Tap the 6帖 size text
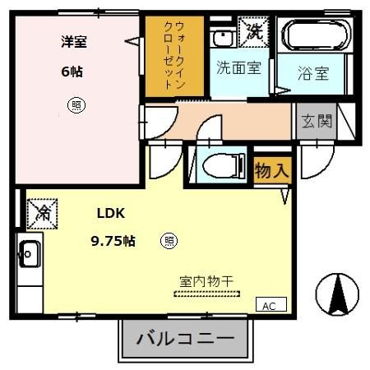pos(72,72)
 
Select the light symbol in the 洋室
pos(76,105)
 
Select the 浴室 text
pos(313,72)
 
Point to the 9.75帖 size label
pos(113,241)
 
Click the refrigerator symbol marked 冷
pos(41,215)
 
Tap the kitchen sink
pos(30,254)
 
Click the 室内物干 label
pos(206,281)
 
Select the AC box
pos(269,305)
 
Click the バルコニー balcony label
pos(185,339)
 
